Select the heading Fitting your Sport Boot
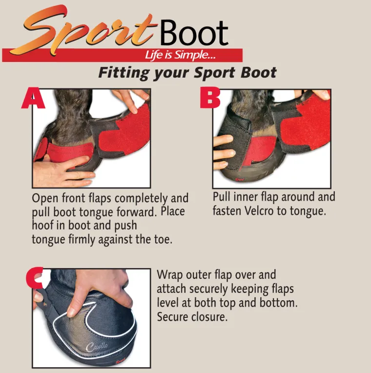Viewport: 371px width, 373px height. tap(187, 73)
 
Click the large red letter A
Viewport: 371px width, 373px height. tap(33, 99)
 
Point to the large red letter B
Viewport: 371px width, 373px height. tap(210, 99)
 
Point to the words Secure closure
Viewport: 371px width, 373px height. tap(192, 316)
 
